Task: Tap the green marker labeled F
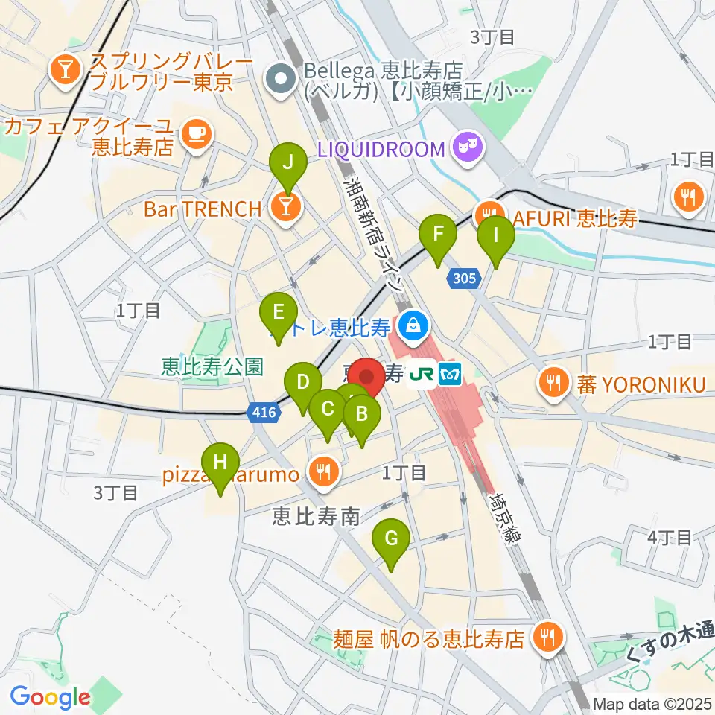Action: point(439,235)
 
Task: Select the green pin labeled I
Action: point(495,236)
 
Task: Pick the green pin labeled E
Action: point(279,312)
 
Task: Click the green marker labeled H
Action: point(220,463)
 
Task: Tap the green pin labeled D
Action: point(302,383)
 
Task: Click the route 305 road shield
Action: point(462,278)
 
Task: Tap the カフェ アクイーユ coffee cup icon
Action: point(196,133)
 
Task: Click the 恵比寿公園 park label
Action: point(213,366)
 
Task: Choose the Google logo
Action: point(50,698)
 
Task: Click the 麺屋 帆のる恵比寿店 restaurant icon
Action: point(549,637)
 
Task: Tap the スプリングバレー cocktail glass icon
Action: point(66,69)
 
